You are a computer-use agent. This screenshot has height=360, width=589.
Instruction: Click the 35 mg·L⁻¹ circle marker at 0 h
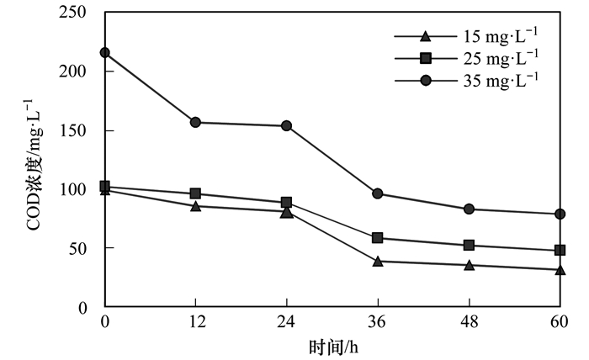coord(105,53)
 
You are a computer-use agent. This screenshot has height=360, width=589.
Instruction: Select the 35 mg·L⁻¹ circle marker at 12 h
coord(196,123)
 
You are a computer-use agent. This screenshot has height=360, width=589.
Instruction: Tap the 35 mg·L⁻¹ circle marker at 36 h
coord(378,194)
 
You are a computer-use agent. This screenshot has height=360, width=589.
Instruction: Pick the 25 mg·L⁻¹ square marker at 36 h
coord(378,238)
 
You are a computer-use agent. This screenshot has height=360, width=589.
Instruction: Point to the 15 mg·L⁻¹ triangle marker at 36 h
coord(378,262)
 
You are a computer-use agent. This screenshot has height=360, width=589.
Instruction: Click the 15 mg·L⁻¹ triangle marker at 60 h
coord(560,270)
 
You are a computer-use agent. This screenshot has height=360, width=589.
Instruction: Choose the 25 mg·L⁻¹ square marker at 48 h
coord(469,246)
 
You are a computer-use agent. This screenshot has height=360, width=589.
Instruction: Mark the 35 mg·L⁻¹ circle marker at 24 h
coord(287,126)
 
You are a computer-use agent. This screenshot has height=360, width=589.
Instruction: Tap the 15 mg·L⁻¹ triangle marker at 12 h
coord(196,206)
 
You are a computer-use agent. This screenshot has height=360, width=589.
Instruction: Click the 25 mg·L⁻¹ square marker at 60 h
coord(560,251)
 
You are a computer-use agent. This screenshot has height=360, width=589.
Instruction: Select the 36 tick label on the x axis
coord(378,323)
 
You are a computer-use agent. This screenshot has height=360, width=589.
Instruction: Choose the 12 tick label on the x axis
coord(196,323)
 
